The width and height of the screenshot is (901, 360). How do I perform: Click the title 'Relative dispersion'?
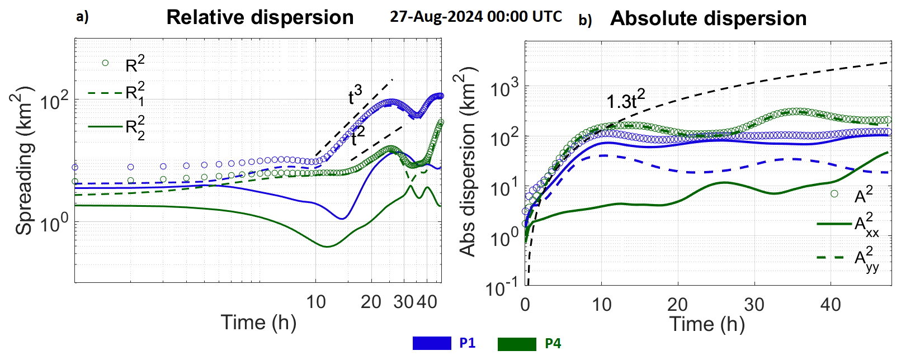[260, 17]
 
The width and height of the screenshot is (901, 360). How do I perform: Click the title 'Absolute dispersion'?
[708, 18]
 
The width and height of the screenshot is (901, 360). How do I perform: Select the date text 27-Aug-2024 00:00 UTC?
[476, 16]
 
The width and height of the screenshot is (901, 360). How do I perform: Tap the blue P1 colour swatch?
[432, 343]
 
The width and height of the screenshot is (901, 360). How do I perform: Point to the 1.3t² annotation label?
[625, 101]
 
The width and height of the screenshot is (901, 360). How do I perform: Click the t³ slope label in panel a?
[355, 96]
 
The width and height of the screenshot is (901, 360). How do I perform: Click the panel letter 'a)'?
[82, 17]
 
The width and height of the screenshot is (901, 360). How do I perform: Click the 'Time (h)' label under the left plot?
[258, 323]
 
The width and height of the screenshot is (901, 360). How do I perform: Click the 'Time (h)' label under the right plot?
[707, 324]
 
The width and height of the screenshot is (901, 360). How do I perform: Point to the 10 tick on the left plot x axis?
[316, 302]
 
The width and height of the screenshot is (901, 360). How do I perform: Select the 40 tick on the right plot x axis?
[831, 305]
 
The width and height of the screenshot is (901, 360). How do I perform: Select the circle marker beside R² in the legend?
[105, 63]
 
